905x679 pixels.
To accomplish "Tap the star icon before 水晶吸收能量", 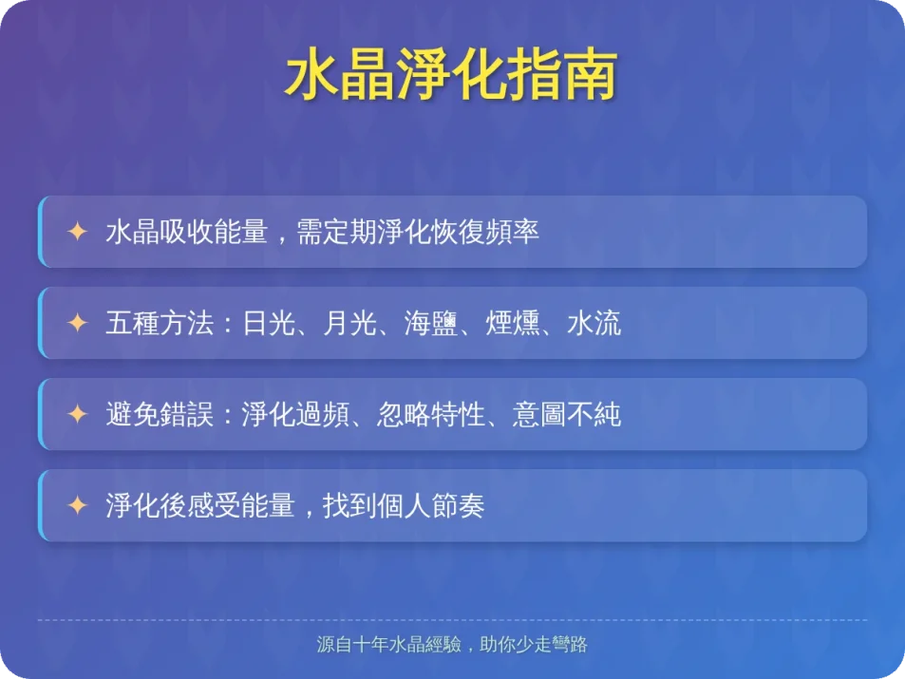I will click(77, 232).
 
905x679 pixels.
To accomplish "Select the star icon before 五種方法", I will click(77, 323).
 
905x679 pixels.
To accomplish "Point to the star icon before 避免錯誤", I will click(77, 414).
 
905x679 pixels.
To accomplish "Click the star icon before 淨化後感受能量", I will click(77, 505).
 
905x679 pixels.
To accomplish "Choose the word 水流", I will click(594, 324).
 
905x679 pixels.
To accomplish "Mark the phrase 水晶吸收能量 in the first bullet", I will click(186, 233).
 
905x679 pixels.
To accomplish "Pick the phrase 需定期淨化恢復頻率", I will click(418, 233).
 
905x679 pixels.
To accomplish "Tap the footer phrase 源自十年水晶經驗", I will click(389, 645).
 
